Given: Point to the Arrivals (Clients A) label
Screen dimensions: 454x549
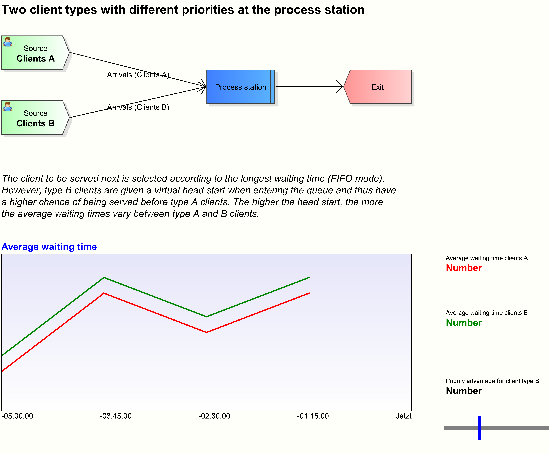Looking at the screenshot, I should coord(138,75).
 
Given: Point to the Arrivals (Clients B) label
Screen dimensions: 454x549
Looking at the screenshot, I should coord(138,107).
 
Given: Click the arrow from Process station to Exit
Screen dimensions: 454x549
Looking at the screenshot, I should coord(308,87).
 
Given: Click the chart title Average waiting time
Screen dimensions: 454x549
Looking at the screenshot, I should coord(49,247).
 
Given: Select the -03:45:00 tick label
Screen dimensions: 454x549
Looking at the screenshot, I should coord(116,416).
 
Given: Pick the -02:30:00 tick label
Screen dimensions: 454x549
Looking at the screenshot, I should coord(214,416).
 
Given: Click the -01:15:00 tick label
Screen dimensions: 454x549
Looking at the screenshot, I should coord(313,416).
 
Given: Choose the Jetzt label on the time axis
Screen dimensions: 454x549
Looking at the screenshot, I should coord(403,416).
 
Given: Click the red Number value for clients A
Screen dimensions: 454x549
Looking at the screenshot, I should coord(464,268).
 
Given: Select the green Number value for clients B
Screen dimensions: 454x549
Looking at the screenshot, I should coord(464,323).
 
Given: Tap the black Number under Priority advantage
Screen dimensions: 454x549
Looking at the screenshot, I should coord(464,391).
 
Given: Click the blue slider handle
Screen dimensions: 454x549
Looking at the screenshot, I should coord(479,428).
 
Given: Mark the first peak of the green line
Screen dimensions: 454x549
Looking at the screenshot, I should coord(104,278).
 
